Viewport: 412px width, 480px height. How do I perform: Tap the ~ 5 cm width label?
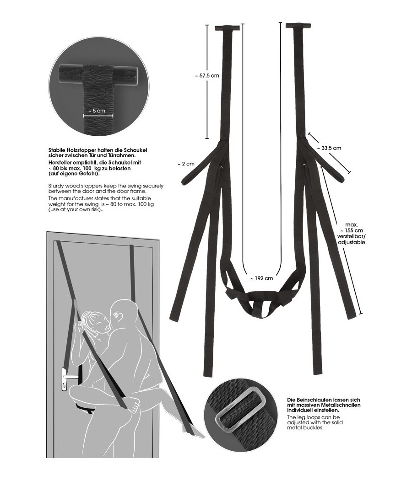click(x=98, y=111)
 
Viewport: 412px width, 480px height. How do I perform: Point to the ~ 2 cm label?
click(x=186, y=164)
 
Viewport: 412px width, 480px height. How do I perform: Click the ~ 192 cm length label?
click(x=261, y=278)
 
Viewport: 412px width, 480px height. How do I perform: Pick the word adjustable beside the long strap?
click(x=351, y=243)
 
